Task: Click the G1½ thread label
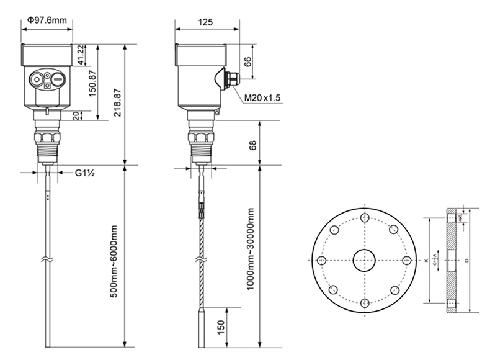(84, 173)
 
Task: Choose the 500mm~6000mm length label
(114, 261)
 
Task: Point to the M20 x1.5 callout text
(262, 98)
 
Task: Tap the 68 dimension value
(252, 144)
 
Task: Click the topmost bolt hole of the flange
(363, 218)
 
